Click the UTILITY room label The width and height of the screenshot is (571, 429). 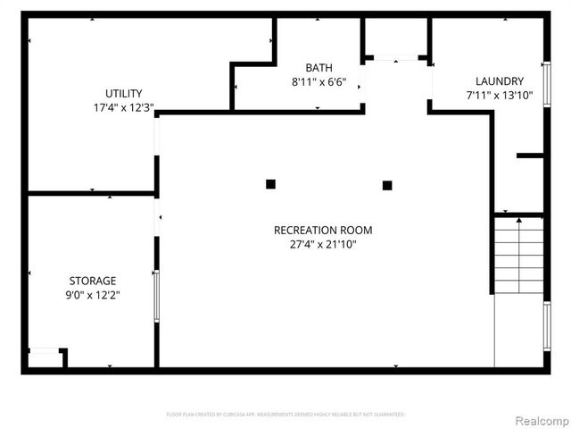click(x=124, y=93)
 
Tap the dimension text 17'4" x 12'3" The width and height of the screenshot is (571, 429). click(x=124, y=107)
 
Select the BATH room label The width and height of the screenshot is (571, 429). click(x=319, y=68)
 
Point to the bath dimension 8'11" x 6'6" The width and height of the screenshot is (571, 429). click(x=319, y=82)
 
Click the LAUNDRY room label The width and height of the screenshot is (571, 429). click(x=499, y=80)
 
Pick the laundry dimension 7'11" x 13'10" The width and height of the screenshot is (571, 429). click(x=499, y=95)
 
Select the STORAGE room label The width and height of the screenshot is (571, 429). click(x=94, y=281)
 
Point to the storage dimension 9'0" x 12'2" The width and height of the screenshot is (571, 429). click(x=94, y=295)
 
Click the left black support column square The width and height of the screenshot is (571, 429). click(x=270, y=184)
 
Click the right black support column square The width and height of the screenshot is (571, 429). click(x=387, y=185)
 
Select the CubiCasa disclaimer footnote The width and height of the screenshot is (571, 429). click(x=285, y=415)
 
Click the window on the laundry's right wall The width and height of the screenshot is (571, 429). click(x=546, y=83)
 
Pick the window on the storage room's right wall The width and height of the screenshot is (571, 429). click(x=156, y=297)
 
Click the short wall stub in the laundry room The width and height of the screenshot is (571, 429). click(x=530, y=156)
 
